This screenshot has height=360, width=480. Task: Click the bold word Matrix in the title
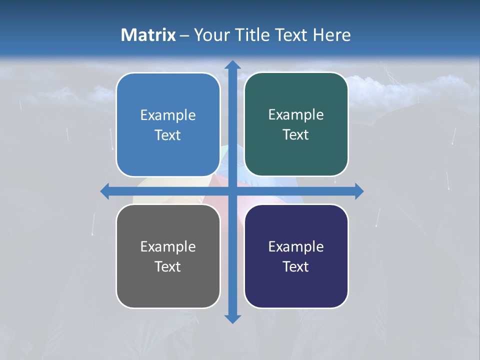[148, 35]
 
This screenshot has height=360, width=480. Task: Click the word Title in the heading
[250, 35]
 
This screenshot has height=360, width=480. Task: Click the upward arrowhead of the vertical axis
[232, 65]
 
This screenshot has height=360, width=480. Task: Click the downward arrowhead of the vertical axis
[232, 318]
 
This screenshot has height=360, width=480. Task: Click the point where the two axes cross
[232, 191]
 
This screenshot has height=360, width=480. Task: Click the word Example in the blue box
[168, 115]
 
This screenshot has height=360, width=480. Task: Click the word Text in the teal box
[296, 135]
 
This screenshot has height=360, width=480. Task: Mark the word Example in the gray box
[168, 246]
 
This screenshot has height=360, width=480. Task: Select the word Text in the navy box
[296, 266]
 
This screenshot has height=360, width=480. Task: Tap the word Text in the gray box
[168, 266]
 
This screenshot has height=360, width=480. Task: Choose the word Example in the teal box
[296, 115]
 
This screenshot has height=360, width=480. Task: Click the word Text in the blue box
[168, 135]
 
